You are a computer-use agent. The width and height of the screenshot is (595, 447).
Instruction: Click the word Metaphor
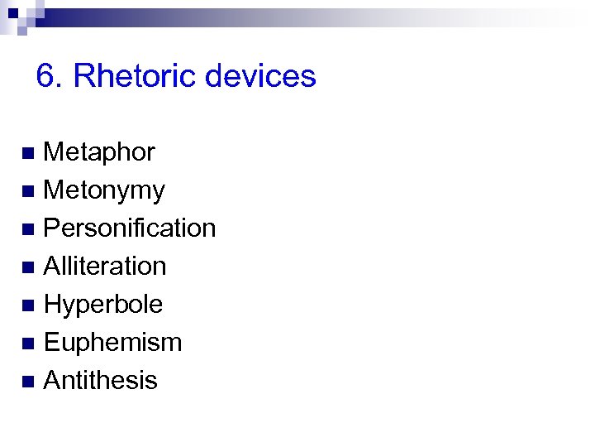(98, 152)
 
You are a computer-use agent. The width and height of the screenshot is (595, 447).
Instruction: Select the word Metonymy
(104, 190)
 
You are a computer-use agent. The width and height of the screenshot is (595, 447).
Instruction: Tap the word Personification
(129, 228)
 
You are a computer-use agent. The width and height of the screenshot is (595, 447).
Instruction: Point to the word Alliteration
(104, 267)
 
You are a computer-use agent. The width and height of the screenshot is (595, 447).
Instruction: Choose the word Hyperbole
(102, 305)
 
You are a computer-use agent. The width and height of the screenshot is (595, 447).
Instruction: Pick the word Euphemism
(112, 343)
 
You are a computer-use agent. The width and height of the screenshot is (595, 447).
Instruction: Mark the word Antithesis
(100, 381)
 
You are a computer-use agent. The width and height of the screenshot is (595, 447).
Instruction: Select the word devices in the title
(260, 76)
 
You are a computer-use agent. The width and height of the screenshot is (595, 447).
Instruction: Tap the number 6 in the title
(46, 76)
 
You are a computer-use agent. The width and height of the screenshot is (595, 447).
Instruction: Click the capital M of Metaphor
(52, 152)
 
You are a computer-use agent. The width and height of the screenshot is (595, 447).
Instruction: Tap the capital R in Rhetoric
(83, 76)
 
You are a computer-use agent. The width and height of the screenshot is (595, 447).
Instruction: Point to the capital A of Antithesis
(51, 381)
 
